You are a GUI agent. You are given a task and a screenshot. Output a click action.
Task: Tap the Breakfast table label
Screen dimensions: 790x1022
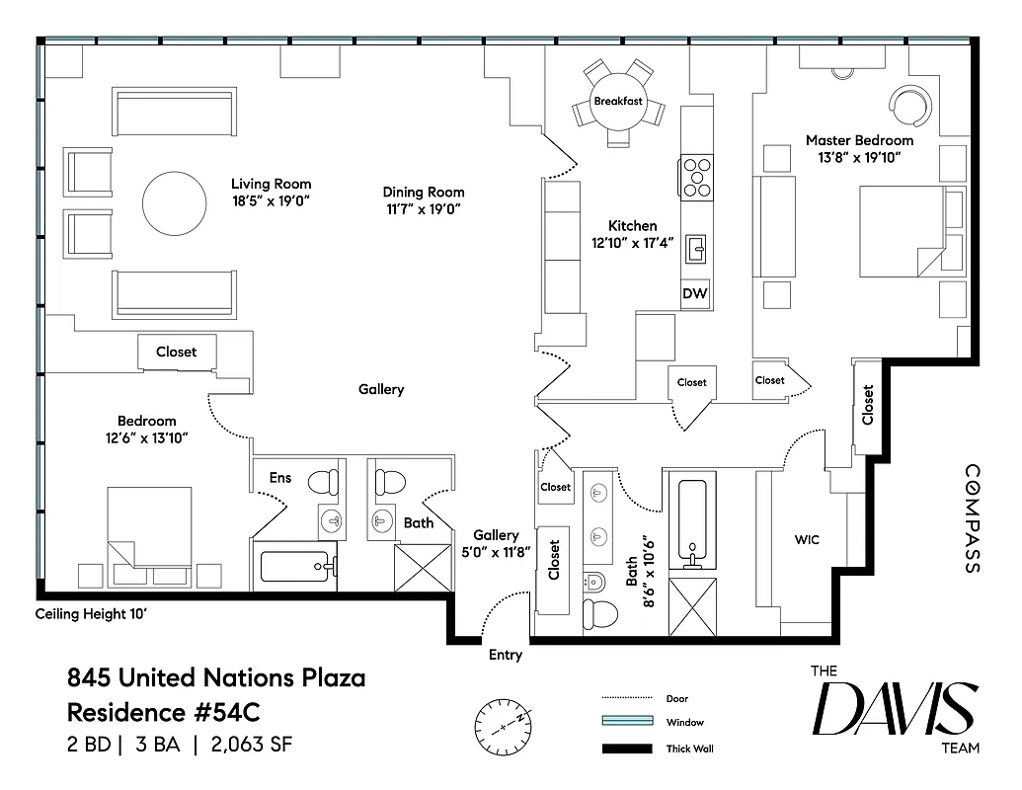click(x=618, y=102)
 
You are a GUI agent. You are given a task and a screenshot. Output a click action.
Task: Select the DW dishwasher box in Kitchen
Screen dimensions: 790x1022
click(x=696, y=293)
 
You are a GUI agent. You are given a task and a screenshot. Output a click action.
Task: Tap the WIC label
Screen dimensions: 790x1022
click(x=807, y=540)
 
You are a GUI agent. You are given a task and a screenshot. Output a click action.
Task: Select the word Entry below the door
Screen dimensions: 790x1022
click(x=506, y=655)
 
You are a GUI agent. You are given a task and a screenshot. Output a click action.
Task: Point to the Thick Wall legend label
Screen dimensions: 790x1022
click(x=690, y=749)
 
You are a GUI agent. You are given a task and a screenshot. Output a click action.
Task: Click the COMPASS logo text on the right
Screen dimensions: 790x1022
click(x=972, y=519)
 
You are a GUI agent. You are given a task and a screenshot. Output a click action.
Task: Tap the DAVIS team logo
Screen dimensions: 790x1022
click(x=895, y=708)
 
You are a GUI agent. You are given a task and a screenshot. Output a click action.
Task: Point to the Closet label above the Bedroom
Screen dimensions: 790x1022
click(x=176, y=352)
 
